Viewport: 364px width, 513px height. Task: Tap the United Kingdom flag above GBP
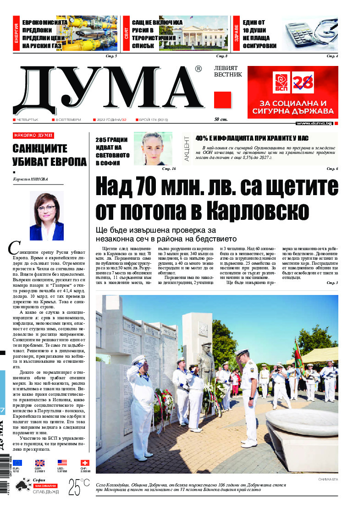(x=40, y=463)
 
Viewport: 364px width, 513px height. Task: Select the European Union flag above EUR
(x=17, y=463)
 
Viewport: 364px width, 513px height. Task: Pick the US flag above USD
(x=62, y=463)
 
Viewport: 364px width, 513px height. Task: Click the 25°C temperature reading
(x=79, y=487)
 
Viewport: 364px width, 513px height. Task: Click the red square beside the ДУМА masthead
(x=222, y=99)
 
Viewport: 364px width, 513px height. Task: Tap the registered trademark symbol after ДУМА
(x=198, y=69)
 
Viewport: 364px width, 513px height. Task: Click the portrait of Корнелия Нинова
(x=46, y=216)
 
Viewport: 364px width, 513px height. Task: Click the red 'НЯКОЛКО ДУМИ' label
(x=33, y=136)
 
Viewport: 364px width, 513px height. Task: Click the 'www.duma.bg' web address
(x=314, y=123)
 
